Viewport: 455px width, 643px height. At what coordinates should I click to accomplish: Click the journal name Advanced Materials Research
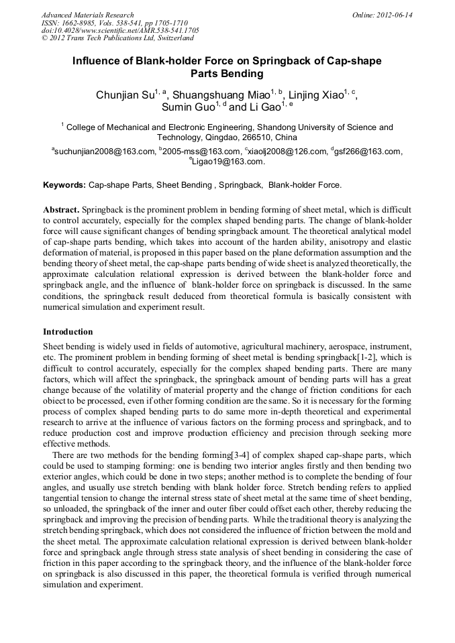[x=87, y=15]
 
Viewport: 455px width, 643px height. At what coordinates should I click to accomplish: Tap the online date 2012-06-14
[x=398, y=15]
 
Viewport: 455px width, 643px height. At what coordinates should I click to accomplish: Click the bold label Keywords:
[x=64, y=184]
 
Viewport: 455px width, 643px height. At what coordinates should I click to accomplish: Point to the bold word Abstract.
[x=60, y=210]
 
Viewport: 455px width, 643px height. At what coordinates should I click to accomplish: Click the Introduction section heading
[x=68, y=332]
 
